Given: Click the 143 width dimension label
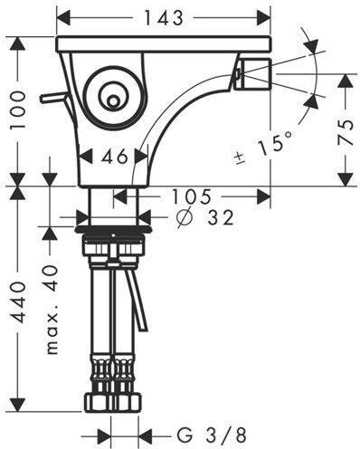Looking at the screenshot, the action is point(164,18).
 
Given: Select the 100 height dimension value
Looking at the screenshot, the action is point(17,110).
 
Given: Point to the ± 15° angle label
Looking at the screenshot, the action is point(265,147).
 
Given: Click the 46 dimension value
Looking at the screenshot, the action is point(115,157).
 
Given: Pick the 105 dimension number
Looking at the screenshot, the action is point(191,196).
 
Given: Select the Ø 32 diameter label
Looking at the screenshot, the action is point(205,217).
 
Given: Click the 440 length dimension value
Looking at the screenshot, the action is point(17,302).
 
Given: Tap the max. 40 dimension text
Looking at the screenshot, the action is point(52,309).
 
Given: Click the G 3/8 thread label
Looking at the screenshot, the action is point(212,435).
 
